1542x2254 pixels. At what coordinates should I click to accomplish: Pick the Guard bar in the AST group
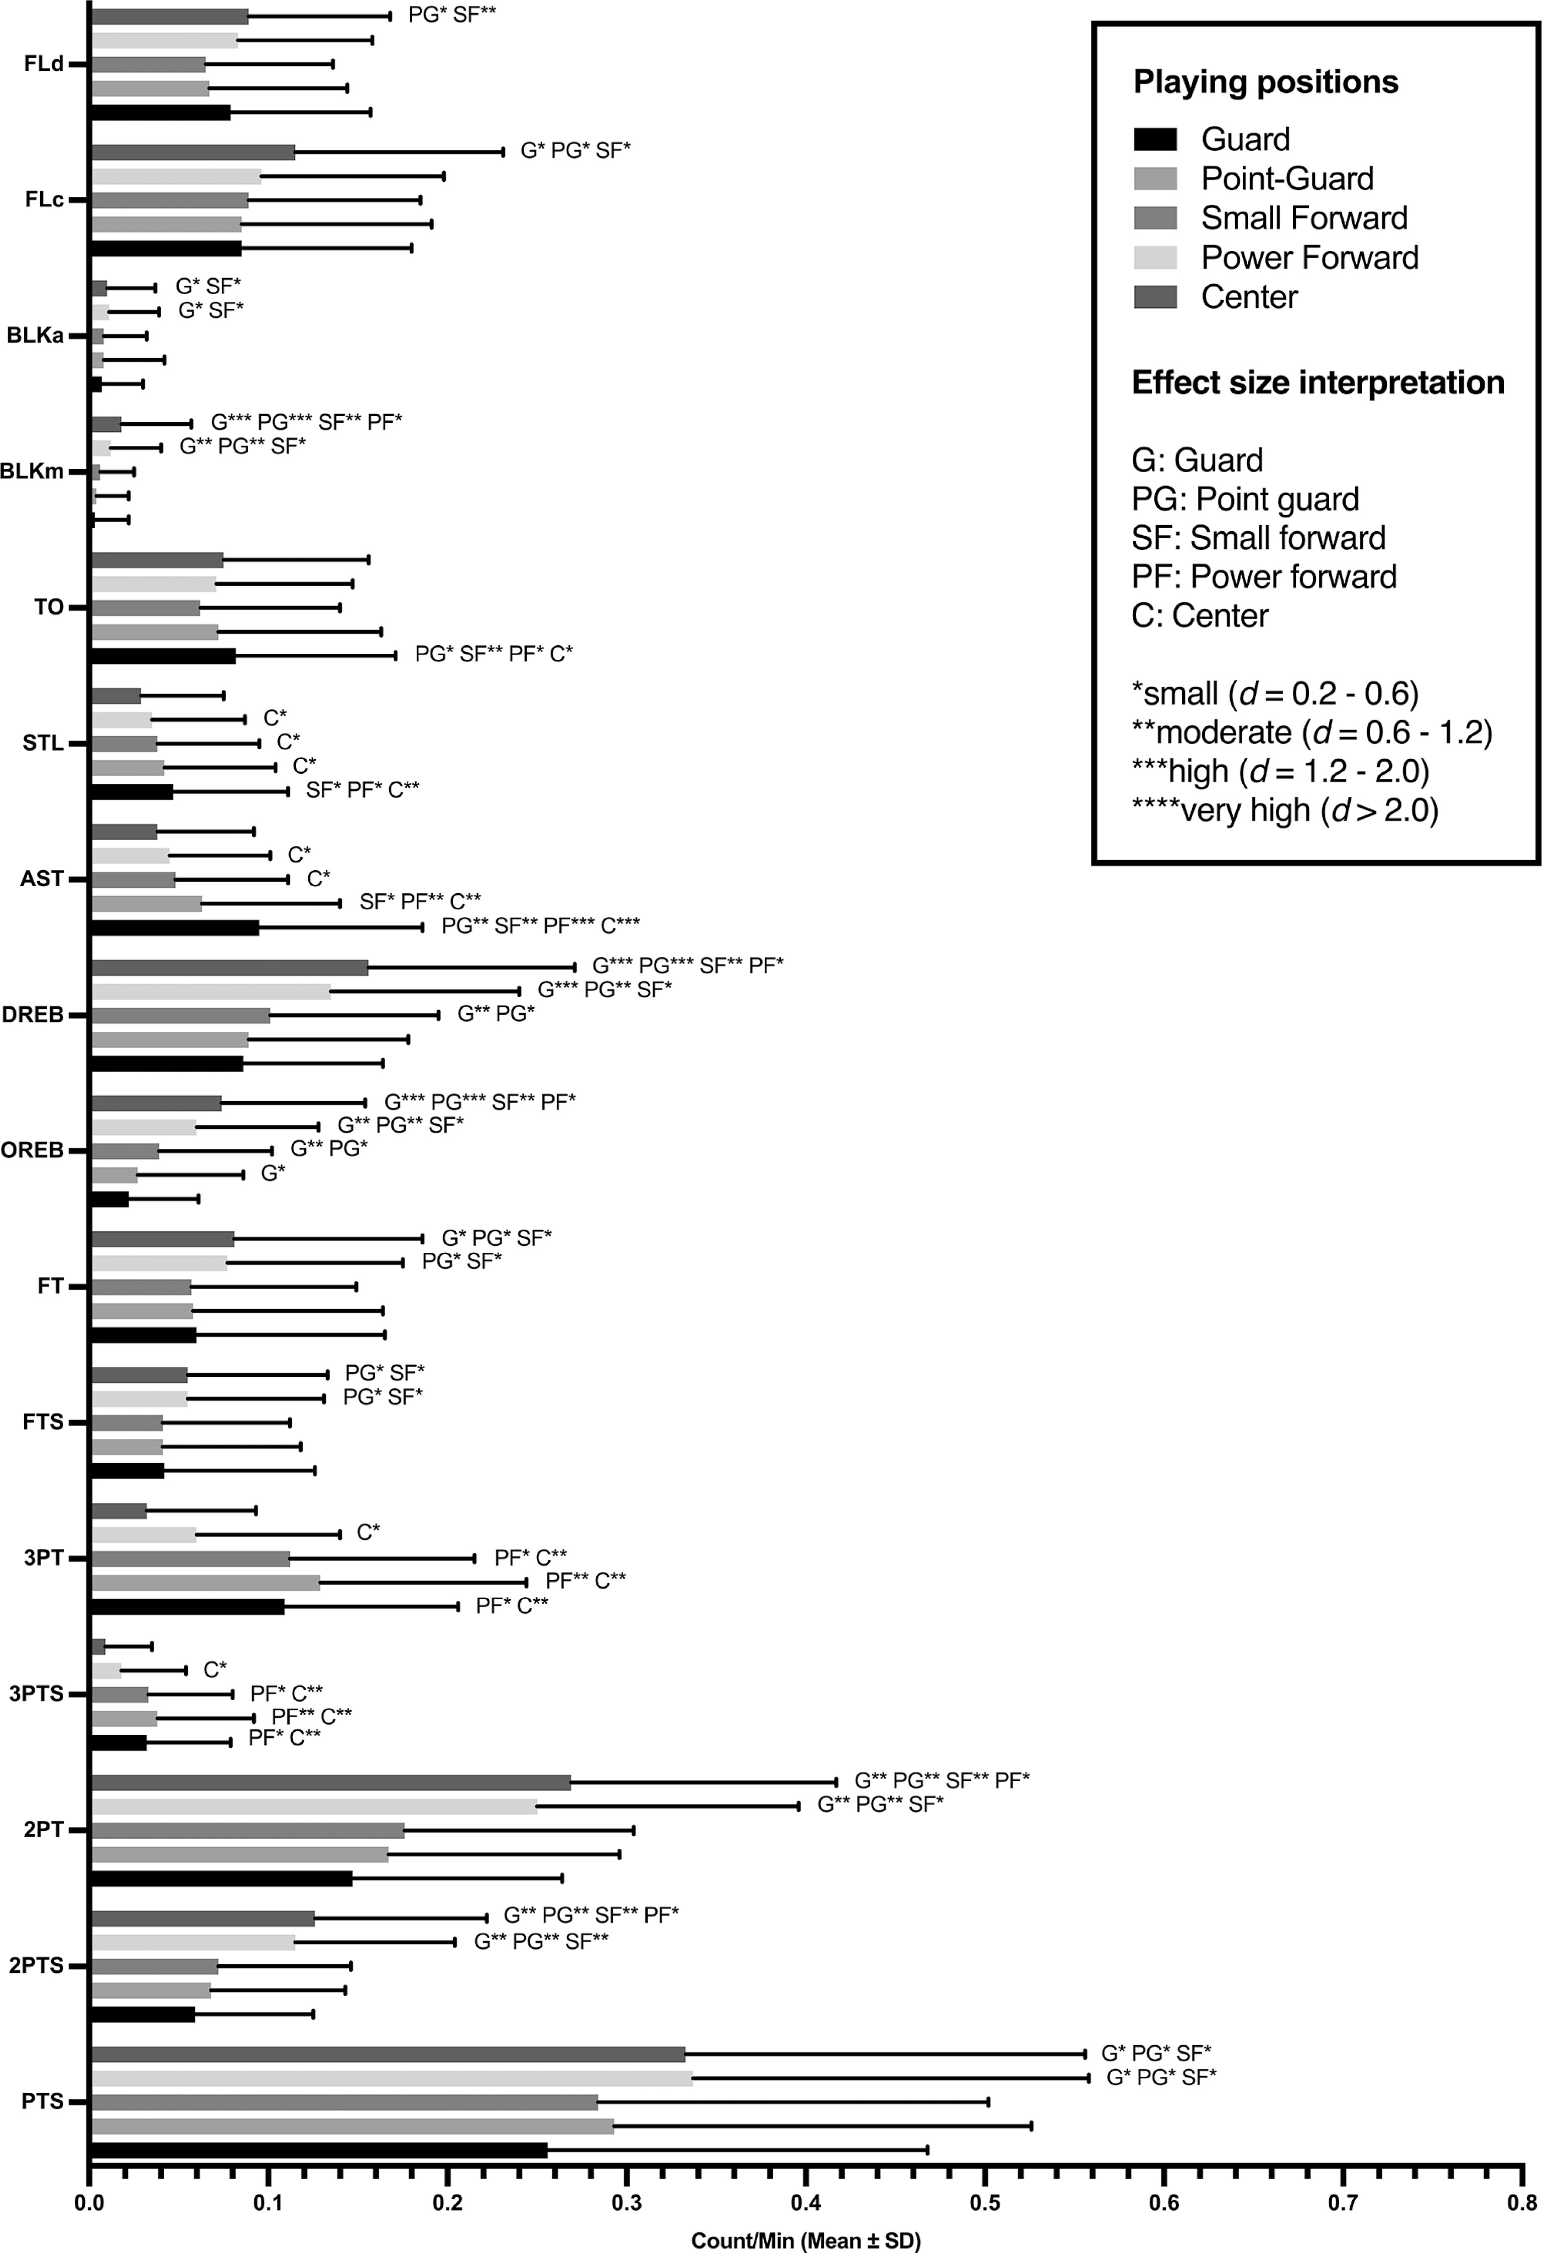[175, 927]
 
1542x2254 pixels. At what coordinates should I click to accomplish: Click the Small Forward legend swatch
[1155, 217]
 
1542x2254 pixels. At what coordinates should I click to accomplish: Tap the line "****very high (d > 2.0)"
[1285, 810]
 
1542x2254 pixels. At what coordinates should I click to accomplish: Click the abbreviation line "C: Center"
[1200, 616]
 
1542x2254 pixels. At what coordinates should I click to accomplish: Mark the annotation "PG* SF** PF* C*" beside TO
[494, 655]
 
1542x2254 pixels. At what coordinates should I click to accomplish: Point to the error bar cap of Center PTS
[1084, 2053]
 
